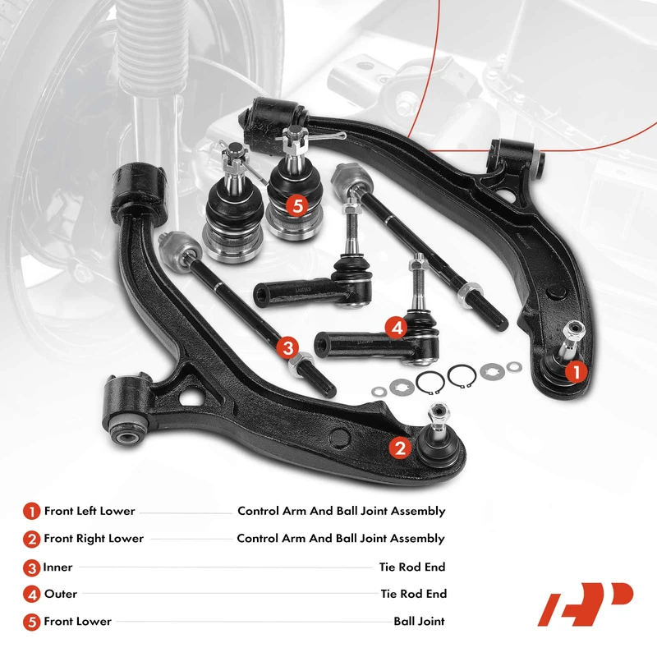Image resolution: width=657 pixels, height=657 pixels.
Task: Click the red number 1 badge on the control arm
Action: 575,372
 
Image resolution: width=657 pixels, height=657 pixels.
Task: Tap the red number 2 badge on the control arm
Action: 400,447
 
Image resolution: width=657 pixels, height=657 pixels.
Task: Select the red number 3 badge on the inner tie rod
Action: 287,347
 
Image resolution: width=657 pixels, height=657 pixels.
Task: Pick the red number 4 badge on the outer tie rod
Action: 397,328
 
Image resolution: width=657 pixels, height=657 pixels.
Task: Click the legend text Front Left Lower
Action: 90,511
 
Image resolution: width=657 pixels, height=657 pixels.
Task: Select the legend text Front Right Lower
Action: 94,539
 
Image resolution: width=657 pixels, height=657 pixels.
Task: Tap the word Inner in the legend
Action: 58,567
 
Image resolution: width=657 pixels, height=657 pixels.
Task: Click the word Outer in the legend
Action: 62,594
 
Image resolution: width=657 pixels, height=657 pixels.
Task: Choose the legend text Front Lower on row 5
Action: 77,621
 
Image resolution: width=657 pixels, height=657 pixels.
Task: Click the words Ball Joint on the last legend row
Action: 419,621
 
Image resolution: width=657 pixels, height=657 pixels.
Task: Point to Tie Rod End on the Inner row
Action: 412,567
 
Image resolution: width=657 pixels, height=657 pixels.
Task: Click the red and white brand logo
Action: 585,606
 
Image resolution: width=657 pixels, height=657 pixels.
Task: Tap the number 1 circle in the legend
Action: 31,511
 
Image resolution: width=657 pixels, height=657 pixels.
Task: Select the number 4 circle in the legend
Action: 31,594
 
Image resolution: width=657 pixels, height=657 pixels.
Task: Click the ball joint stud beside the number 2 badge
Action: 435,419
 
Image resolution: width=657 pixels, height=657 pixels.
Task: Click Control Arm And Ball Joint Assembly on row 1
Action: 341,511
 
